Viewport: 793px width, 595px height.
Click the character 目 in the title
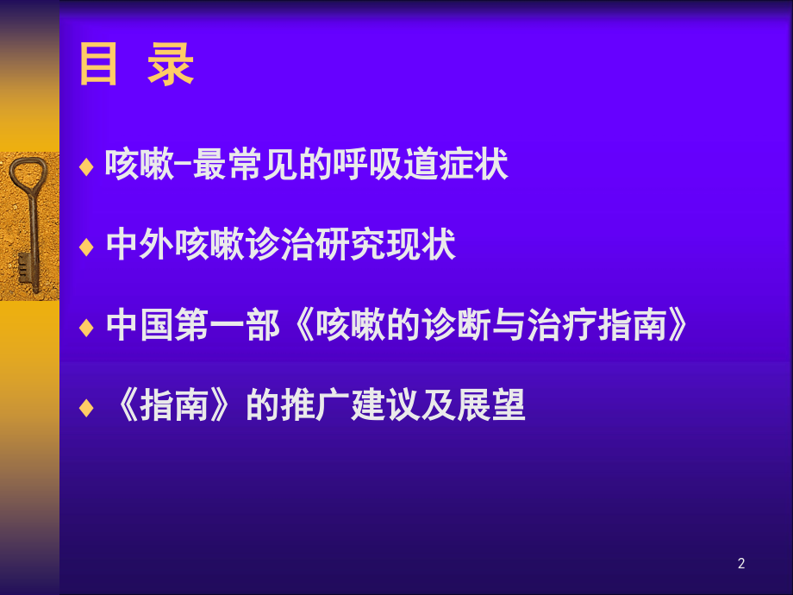click(98, 66)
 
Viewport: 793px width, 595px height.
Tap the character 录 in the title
click(171, 66)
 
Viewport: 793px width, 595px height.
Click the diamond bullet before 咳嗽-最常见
click(85, 166)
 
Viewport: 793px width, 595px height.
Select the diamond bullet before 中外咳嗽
click(85, 247)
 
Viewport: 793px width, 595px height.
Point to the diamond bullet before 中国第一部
click(85, 329)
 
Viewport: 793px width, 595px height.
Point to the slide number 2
click(741, 564)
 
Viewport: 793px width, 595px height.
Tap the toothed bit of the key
click(27, 264)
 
